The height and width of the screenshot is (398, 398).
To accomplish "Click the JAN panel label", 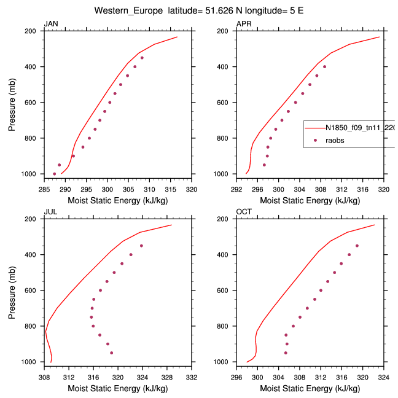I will point(50,24).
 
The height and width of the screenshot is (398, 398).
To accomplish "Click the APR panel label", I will point(243,24).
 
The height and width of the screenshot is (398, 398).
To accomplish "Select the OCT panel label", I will point(244,212).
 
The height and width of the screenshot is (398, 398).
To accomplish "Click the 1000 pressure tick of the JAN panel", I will point(31,174).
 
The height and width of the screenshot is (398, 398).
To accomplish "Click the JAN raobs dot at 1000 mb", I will point(55,174).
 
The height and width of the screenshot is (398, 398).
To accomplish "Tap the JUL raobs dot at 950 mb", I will point(111,353).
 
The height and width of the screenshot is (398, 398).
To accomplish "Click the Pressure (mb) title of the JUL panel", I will point(12,290).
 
